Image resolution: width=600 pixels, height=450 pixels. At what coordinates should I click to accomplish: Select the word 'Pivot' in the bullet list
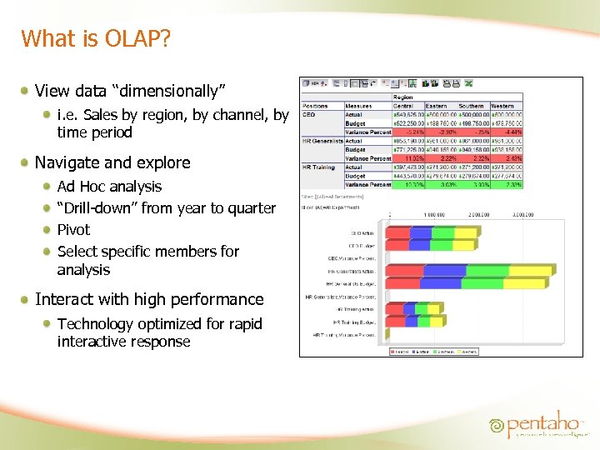click(73, 229)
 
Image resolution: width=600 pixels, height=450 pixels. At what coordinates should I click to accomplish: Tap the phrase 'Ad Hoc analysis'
click(109, 186)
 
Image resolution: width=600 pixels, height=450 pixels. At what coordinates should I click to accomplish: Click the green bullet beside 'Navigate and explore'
click(27, 162)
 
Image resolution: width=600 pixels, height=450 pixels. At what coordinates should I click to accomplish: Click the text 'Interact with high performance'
click(149, 299)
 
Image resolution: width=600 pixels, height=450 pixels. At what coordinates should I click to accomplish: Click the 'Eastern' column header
click(437, 106)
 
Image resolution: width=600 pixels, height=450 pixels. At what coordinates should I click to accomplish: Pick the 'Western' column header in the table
click(502, 106)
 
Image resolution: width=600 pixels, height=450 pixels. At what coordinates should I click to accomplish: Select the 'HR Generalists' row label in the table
click(323, 141)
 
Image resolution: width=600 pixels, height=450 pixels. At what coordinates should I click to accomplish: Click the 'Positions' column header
click(316, 106)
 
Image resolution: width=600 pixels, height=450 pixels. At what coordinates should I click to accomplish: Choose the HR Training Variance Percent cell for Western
click(507, 185)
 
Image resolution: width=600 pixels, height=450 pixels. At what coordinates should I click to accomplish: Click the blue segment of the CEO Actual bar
click(422, 233)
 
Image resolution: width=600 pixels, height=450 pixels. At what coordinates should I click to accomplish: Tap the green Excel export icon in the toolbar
click(468, 82)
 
